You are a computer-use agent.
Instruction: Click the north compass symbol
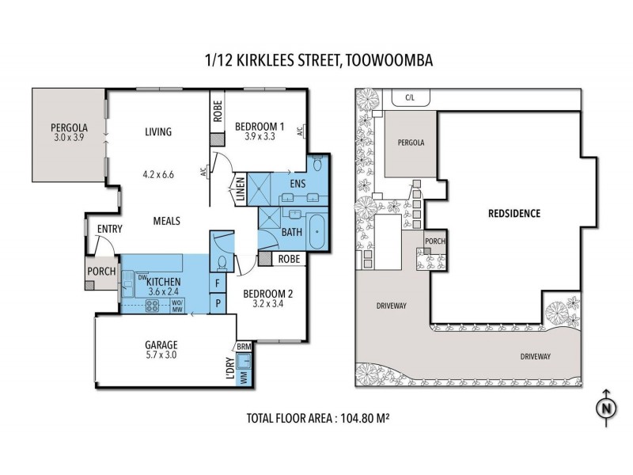[605, 408]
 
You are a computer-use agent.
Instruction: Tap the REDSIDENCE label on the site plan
[514, 214]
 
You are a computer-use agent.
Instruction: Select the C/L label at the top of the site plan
[410, 98]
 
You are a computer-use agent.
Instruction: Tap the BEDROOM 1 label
[260, 126]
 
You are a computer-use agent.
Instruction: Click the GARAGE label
[161, 344]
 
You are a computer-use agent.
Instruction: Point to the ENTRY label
[109, 230]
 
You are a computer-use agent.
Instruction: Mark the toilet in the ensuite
[316, 164]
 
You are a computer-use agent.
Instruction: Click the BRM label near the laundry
[244, 347]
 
